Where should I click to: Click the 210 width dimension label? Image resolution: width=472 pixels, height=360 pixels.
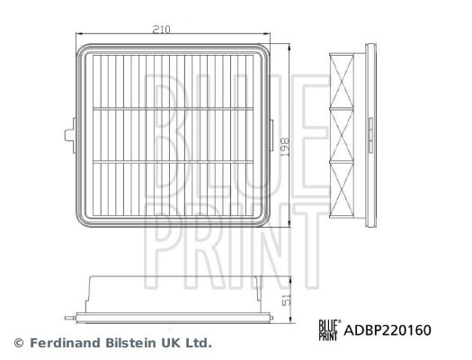[x=162, y=30]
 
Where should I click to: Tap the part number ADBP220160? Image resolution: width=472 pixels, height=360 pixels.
[x=389, y=330]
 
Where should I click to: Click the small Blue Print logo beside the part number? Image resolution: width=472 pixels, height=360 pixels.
[x=330, y=330]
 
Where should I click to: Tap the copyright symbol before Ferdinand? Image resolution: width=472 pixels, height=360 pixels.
[x=18, y=343]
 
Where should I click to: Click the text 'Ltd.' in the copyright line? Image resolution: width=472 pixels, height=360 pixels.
[x=198, y=343]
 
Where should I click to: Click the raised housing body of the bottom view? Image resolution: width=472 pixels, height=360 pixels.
[x=171, y=292]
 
